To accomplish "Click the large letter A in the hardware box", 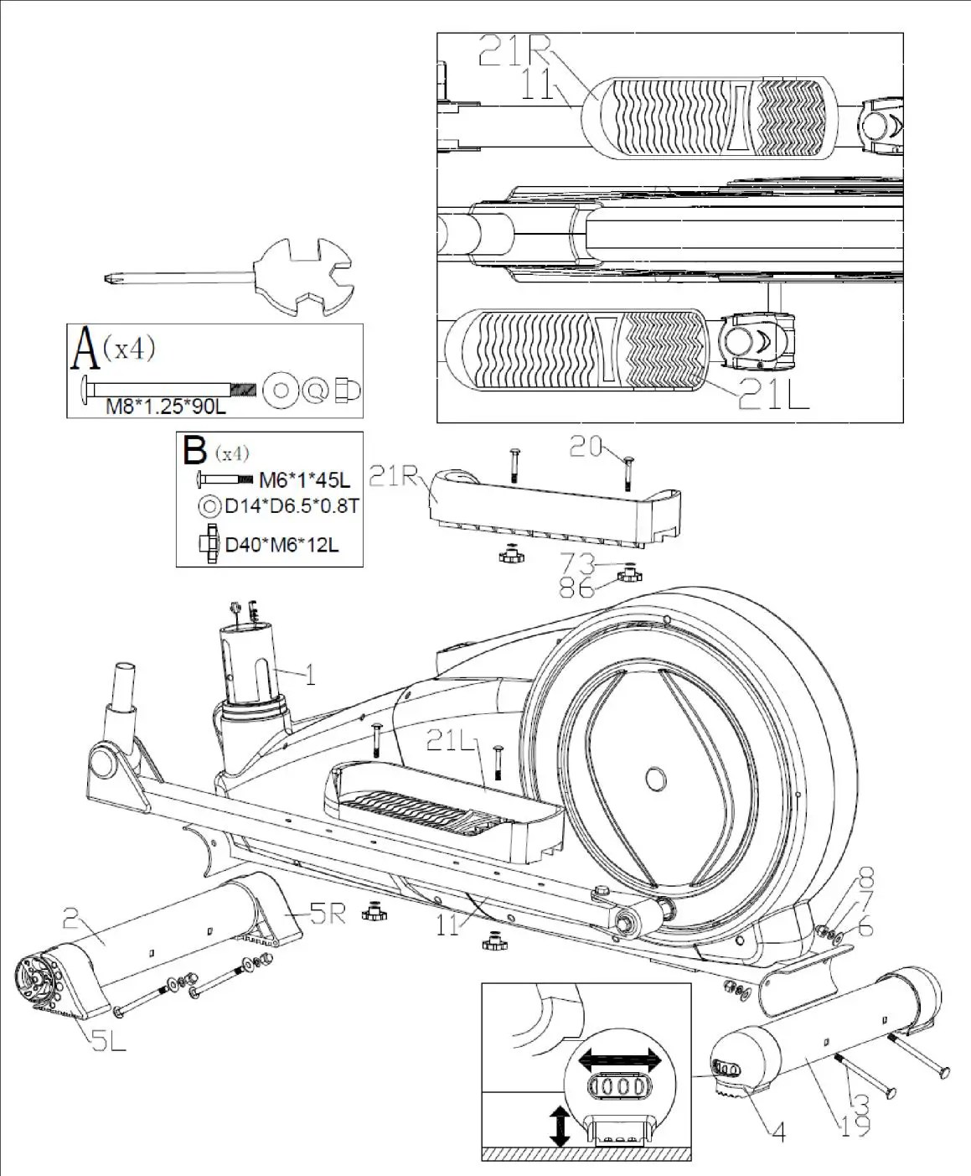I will tap(85, 349).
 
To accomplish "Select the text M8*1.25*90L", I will tap(165, 407).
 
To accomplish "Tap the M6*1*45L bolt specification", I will tap(304, 480).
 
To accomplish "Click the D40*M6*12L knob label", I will tap(281, 545).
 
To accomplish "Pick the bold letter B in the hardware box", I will tap(195, 450).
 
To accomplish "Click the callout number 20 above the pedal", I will tap(586, 446).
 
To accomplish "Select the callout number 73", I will tap(578, 563).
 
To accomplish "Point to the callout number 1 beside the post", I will tap(310, 674).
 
